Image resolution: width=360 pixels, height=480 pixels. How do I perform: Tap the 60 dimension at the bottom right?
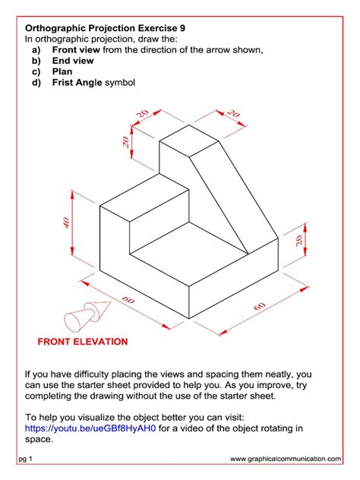pyautogui.click(x=261, y=305)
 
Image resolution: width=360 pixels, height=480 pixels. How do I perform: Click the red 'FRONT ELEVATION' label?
pyautogui.click(x=83, y=342)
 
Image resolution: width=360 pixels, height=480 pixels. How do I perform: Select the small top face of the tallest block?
pyautogui.click(x=188, y=140)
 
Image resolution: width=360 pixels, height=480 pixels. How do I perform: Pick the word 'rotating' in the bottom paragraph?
pyautogui.click(x=288, y=428)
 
